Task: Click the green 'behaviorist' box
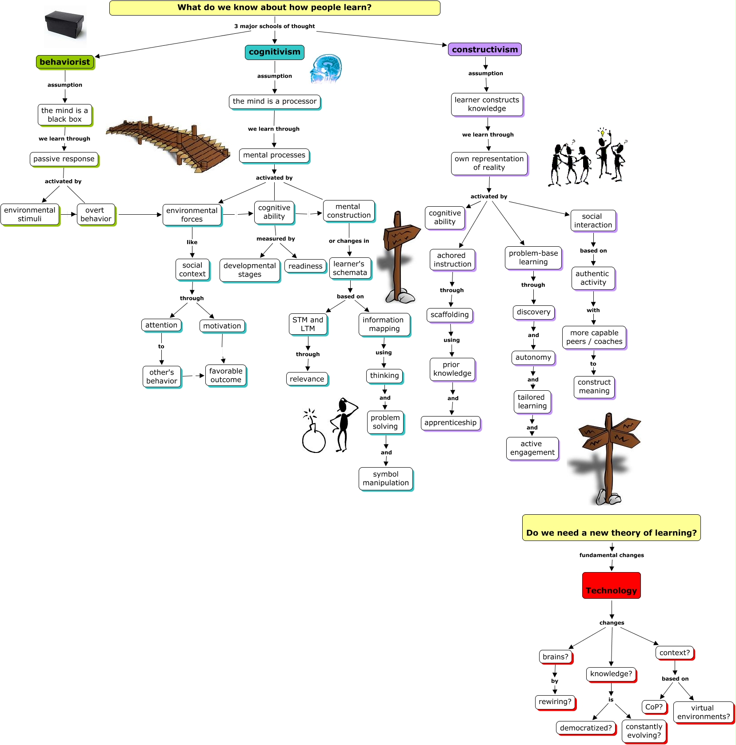point(65,62)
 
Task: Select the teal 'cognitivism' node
point(275,52)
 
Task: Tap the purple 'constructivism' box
point(485,49)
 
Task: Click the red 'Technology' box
point(612,585)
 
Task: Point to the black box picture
point(65,25)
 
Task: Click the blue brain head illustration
point(327,69)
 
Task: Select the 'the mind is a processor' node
point(275,101)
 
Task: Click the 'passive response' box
point(64,159)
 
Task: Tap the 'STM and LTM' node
point(308,324)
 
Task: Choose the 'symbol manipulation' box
point(386,478)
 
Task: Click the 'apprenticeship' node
point(450,423)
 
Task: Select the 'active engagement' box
point(532,448)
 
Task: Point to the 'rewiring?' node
point(555,702)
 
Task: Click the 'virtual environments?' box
point(703,712)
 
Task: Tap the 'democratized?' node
point(586,728)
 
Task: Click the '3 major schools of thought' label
point(275,26)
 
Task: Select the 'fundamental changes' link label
point(612,555)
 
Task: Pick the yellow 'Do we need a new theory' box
point(612,528)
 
